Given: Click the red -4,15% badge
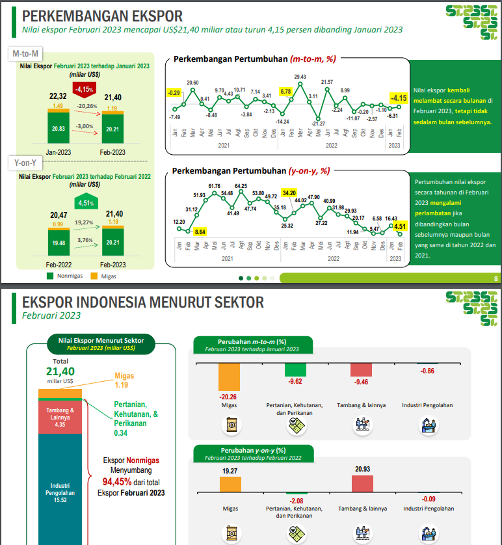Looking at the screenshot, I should point(85,88).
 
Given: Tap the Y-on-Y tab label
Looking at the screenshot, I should point(25,163).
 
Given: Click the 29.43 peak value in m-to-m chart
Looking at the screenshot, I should point(300,77).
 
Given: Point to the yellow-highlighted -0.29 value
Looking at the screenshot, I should point(174,93).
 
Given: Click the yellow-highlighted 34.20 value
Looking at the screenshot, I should point(289,193).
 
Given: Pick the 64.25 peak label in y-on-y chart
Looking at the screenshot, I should point(241,186).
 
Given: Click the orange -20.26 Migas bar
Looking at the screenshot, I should point(230,377).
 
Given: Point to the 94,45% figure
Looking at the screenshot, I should point(120,482).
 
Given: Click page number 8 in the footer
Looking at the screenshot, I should point(495,278).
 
